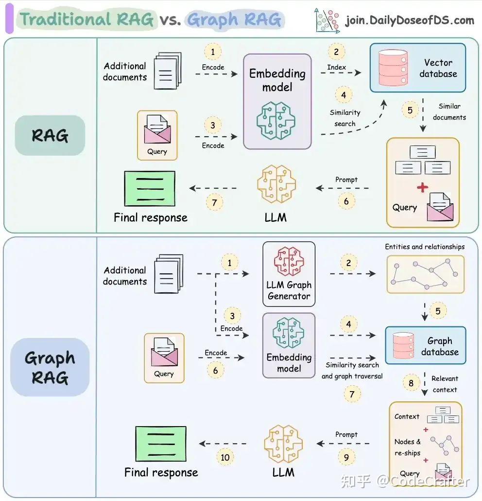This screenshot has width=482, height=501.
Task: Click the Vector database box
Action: click(x=417, y=68)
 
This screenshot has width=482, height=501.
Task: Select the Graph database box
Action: click(x=425, y=346)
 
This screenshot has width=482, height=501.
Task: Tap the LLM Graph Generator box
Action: click(x=289, y=274)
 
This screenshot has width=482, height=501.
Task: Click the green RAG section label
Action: click(x=50, y=135)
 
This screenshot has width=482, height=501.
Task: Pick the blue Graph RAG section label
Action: click(x=50, y=367)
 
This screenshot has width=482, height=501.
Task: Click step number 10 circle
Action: click(x=225, y=457)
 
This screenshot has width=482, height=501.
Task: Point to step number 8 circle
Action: click(x=411, y=383)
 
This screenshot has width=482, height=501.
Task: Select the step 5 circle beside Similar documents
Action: click(x=410, y=110)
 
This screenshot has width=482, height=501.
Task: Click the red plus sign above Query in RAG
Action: click(x=423, y=188)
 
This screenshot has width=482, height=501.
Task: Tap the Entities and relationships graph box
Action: click(x=425, y=274)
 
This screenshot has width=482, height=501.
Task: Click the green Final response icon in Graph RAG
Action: click(x=161, y=444)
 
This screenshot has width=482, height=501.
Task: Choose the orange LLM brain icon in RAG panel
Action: click(x=276, y=184)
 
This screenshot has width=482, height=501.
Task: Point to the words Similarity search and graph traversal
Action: click(x=352, y=370)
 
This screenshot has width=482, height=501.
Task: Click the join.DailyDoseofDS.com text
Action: click(x=409, y=20)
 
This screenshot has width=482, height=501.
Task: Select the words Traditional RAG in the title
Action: click(x=87, y=19)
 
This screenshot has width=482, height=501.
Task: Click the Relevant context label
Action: click(x=445, y=384)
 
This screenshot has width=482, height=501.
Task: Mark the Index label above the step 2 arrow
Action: click(x=336, y=67)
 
